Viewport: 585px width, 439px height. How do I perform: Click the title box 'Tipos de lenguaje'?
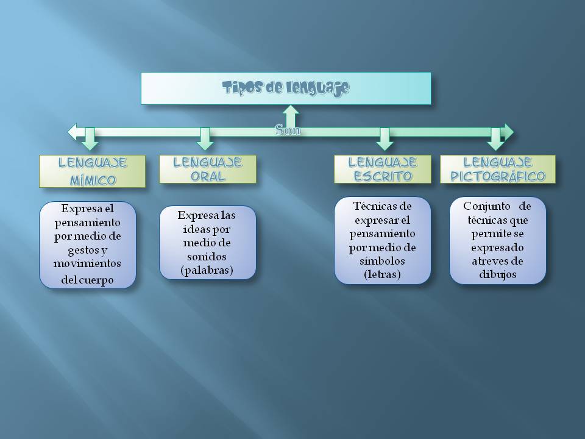pyautogui.click(x=286, y=88)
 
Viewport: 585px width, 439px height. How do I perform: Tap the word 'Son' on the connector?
pyautogui.click(x=288, y=130)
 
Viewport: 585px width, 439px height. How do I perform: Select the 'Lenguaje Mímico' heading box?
pyautogui.click(x=92, y=171)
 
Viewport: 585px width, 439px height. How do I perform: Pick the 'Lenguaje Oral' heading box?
pyautogui.click(x=207, y=169)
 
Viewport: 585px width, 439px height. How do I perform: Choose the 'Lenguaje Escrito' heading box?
pyautogui.click(x=382, y=169)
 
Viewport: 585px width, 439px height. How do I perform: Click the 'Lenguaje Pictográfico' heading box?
pyautogui.click(x=498, y=169)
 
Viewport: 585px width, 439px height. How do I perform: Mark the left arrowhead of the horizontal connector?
pyautogui.click(x=73, y=131)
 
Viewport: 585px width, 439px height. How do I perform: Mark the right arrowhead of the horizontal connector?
pyautogui.click(x=509, y=131)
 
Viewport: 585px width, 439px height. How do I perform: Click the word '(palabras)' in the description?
pyautogui.click(x=207, y=269)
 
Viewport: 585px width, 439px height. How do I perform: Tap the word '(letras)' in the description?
pyautogui.click(x=382, y=274)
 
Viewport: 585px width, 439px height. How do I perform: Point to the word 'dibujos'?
pyautogui.click(x=498, y=274)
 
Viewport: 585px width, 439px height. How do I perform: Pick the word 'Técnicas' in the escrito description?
pyautogui.click(x=374, y=206)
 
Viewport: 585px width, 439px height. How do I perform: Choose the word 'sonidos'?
pyautogui.click(x=207, y=256)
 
